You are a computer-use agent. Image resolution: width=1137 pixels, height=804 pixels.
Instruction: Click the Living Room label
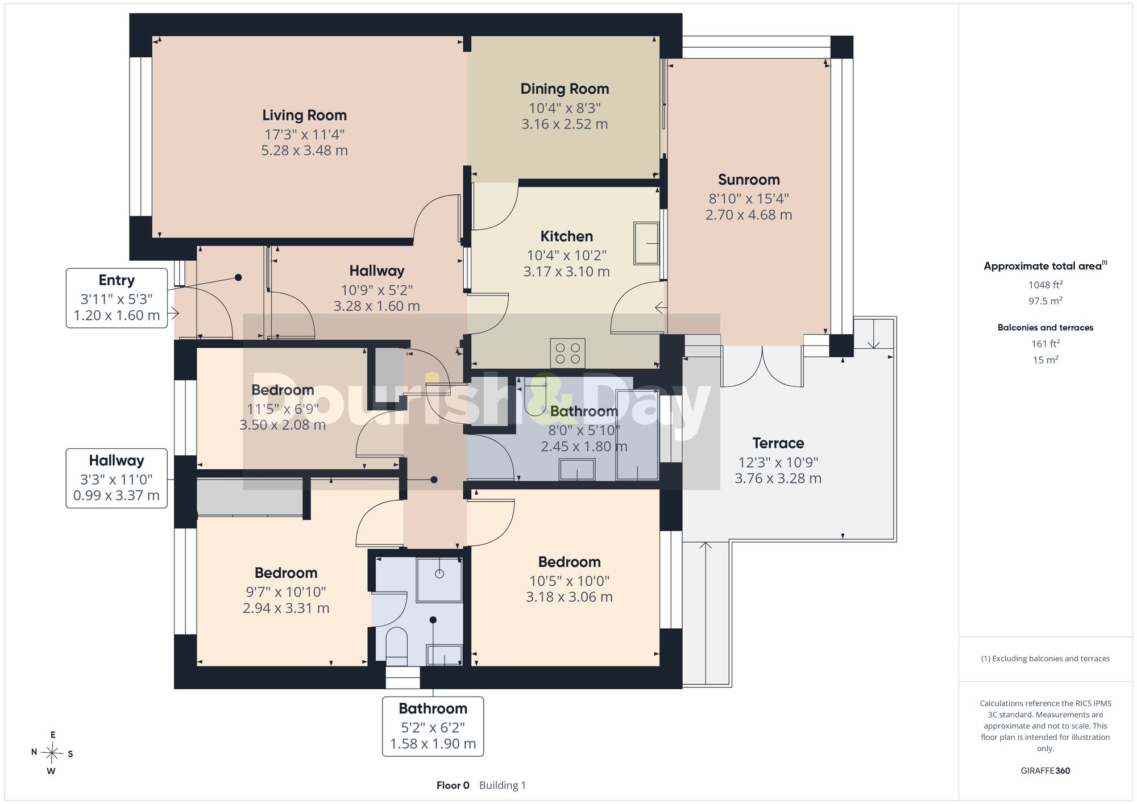click(x=304, y=115)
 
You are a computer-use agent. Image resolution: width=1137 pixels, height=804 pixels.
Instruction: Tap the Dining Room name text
click(x=565, y=89)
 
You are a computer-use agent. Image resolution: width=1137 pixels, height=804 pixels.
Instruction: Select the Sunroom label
click(x=749, y=180)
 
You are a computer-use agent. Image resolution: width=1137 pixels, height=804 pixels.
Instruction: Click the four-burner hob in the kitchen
click(x=567, y=353)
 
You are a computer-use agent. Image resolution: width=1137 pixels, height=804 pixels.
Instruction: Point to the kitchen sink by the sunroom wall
click(x=646, y=243)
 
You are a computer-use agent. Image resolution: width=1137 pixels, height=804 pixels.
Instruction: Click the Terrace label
click(x=778, y=443)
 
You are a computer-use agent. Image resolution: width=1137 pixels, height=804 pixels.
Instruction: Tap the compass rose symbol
click(x=52, y=753)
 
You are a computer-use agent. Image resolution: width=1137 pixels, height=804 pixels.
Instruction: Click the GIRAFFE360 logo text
click(x=1045, y=770)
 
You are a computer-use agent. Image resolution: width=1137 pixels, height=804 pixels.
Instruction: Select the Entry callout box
click(x=117, y=298)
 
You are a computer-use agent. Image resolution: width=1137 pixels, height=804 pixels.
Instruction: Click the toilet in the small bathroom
click(x=397, y=646)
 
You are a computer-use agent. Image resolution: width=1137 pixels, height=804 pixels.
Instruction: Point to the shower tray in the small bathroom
click(x=439, y=580)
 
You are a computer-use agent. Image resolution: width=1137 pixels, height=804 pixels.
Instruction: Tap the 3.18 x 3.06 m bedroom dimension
click(x=569, y=597)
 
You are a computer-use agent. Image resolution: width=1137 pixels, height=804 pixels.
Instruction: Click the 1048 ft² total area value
click(x=1045, y=285)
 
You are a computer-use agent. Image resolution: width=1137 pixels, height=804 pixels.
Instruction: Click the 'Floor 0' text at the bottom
click(x=453, y=785)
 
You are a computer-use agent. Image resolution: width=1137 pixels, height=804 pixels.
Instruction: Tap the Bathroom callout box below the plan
click(x=433, y=727)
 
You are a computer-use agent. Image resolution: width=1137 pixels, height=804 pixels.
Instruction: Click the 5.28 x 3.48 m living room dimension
click(x=304, y=151)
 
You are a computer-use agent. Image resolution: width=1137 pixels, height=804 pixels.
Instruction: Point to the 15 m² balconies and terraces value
click(x=1045, y=360)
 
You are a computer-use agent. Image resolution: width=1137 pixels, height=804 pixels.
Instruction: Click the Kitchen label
click(x=566, y=236)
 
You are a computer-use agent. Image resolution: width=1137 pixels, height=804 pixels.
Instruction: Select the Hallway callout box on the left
click(x=117, y=478)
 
